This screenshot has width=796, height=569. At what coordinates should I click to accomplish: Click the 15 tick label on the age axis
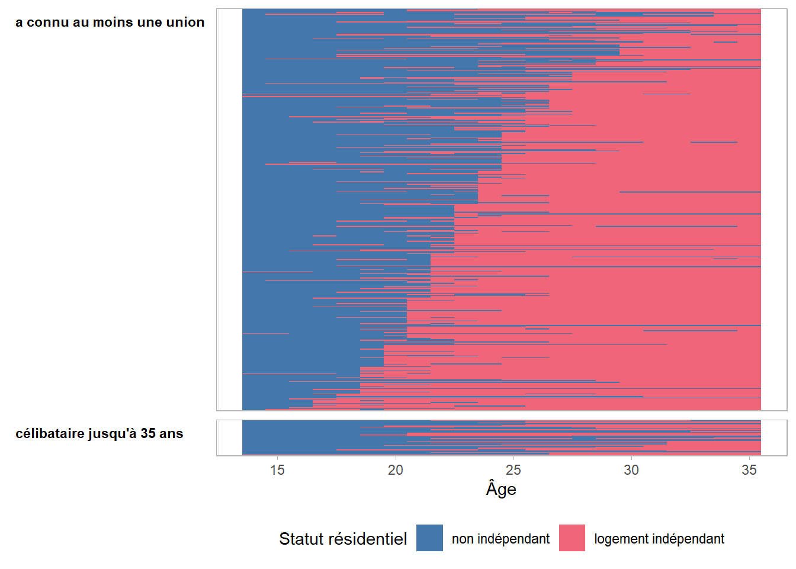click(277, 470)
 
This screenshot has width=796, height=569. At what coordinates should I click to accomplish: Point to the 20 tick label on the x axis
click(395, 470)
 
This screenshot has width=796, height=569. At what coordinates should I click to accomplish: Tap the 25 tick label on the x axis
click(513, 470)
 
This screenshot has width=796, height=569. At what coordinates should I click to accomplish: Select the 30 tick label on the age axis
click(631, 470)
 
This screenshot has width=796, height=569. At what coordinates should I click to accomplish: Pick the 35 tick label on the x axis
click(749, 470)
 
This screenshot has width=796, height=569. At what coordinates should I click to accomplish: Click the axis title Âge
click(501, 489)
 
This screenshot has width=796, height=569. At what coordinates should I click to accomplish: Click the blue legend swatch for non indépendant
click(429, 538)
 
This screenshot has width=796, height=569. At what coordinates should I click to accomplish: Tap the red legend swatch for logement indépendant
click(572, 538)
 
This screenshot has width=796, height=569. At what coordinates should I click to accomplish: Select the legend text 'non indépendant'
click(500, 539)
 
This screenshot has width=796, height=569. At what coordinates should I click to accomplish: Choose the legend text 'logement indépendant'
click(659, 539)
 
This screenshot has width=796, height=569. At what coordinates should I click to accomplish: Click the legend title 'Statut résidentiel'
click(343, 539)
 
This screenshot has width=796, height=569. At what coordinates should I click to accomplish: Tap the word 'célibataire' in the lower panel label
click(50, 434)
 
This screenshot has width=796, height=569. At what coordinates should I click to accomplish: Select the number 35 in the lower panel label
click(148, 434)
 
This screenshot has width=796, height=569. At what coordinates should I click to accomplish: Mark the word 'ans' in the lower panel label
click(171, 434)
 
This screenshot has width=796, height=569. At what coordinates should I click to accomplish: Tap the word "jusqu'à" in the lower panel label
click(113, 434)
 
